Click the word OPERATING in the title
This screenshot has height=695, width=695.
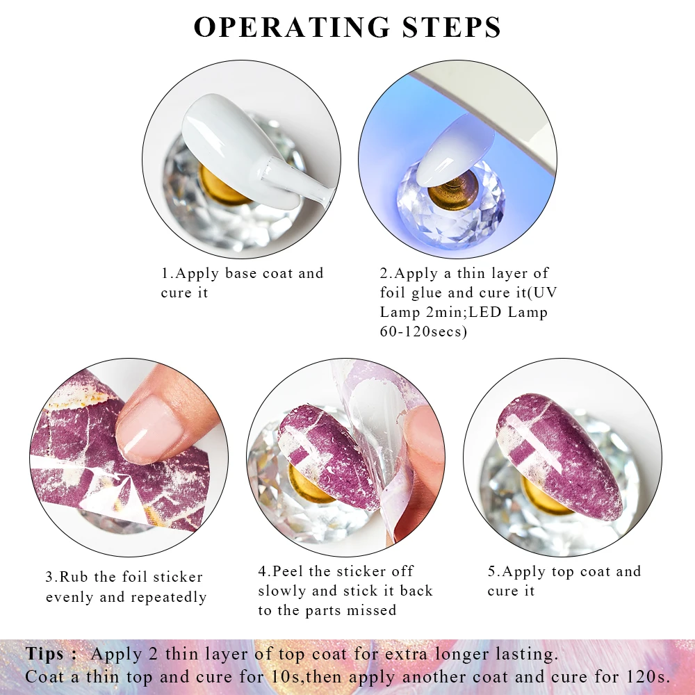292,27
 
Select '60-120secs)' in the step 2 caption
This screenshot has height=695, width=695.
423,332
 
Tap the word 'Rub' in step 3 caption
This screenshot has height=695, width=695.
73,577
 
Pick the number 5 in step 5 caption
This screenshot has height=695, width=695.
492,572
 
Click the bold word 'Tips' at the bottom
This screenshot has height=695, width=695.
47,654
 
